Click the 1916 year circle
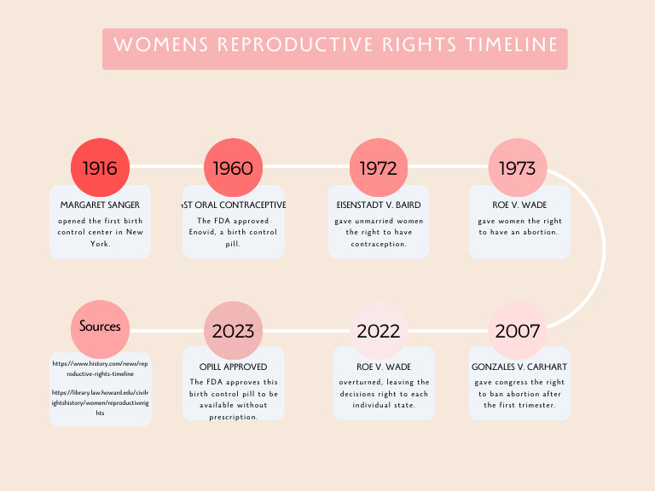100,167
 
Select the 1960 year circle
233,167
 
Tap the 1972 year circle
378,167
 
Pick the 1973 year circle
517,167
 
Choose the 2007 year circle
517,331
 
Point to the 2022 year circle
378,331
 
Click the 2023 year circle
233,331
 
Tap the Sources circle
100,326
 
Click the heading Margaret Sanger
100,205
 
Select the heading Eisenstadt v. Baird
378,205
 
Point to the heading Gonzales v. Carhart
519,367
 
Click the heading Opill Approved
233,367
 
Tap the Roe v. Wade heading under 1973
519,205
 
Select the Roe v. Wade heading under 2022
378,367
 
